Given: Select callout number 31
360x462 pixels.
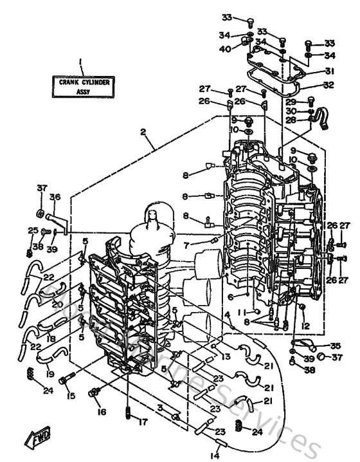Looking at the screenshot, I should [329, 71].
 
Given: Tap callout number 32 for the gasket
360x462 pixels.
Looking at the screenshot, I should [329, 84].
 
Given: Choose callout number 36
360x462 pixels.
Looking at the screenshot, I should [55, 198].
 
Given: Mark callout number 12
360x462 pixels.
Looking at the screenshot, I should [306, 325].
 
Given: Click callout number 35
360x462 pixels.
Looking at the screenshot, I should [336, 346].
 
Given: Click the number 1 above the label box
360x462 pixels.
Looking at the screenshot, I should [81, 62].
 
